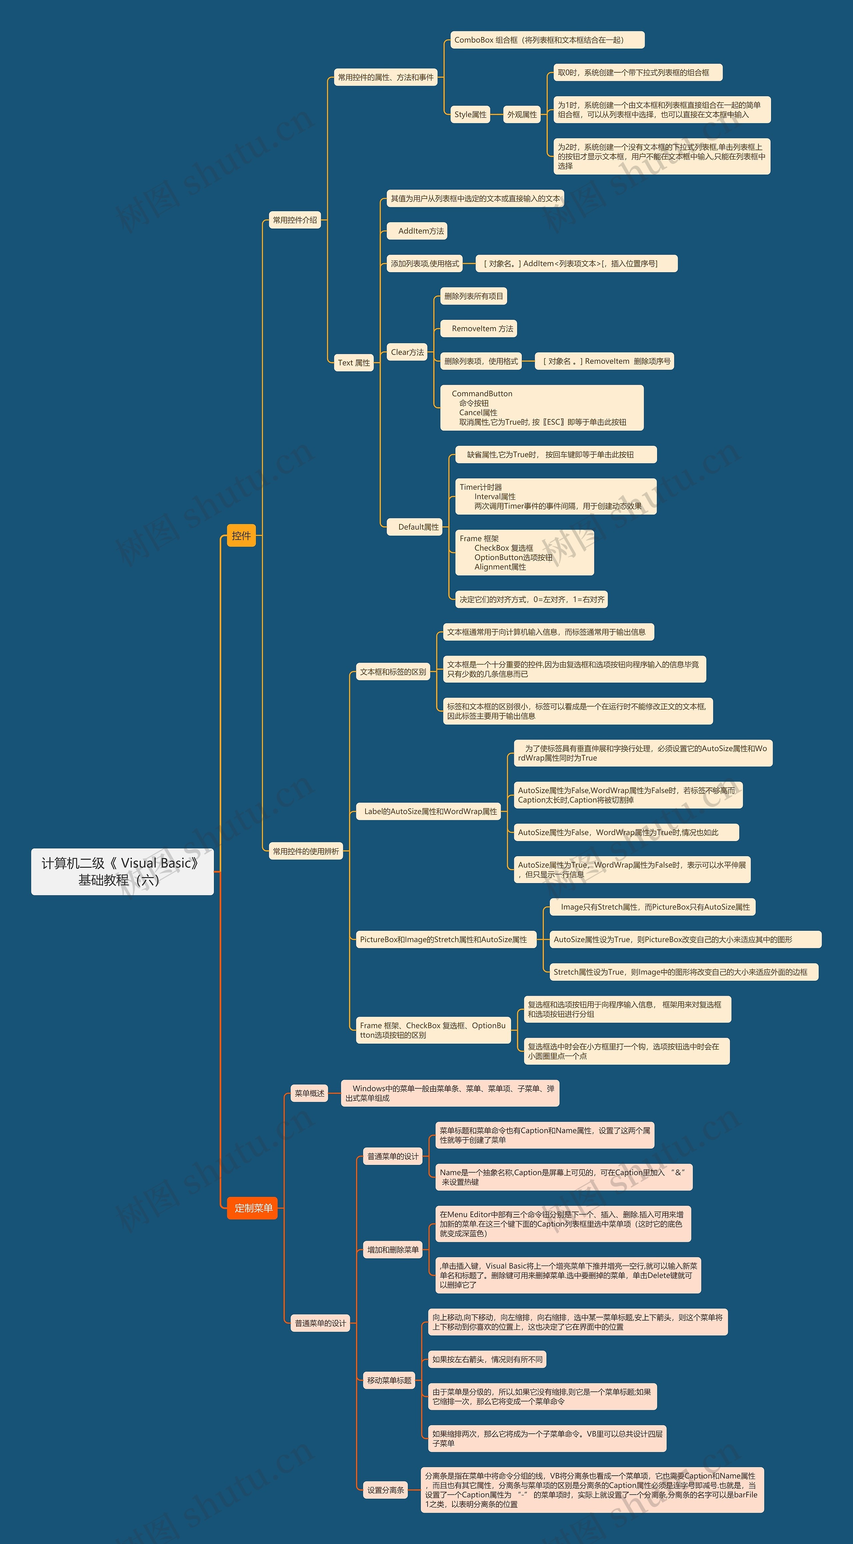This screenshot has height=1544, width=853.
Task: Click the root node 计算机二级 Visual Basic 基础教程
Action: click(122, 871)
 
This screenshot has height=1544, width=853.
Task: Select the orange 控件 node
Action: click(241, 535)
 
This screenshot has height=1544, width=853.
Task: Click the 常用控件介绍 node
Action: click(295, 220)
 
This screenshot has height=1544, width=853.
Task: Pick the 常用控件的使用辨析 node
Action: click(306, 851)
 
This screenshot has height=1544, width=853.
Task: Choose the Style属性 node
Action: click(470, 115)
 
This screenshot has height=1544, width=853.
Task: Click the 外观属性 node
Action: click(522, 115)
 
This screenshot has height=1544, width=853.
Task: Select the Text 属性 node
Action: click(354, 363)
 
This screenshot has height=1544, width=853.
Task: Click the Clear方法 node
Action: click(407, 352)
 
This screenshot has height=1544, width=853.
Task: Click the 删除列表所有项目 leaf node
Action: click(473, 296)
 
